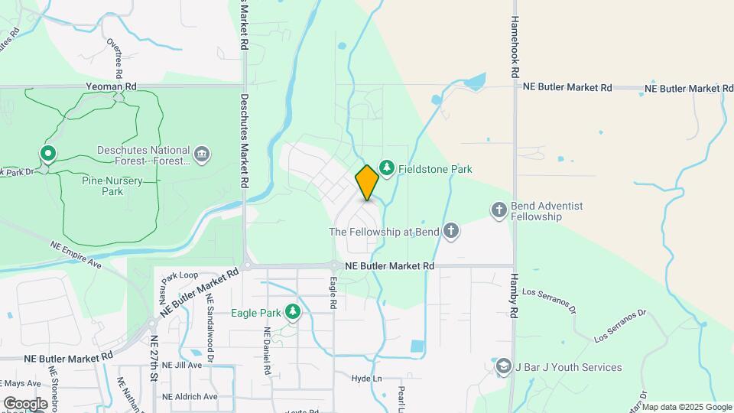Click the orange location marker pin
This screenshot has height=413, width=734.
click(367, 183)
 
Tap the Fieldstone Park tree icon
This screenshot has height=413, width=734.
click(387, 168)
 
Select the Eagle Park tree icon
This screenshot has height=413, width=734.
click(292, 311)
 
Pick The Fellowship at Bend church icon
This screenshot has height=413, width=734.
click(451, 231)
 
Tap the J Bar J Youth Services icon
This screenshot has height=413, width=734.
click(502, 367)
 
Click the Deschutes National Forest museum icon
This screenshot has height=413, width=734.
click(202, 154)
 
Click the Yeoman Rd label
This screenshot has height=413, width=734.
click(111, 87)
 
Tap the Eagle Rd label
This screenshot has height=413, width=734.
click(333, 293)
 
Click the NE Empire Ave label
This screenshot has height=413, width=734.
click(76, 254)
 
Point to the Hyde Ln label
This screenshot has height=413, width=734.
click(366, 379)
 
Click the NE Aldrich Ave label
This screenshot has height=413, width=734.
click(190, 396)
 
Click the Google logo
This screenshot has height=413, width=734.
click(24, 403)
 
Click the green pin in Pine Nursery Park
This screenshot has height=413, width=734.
click(48, 154)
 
